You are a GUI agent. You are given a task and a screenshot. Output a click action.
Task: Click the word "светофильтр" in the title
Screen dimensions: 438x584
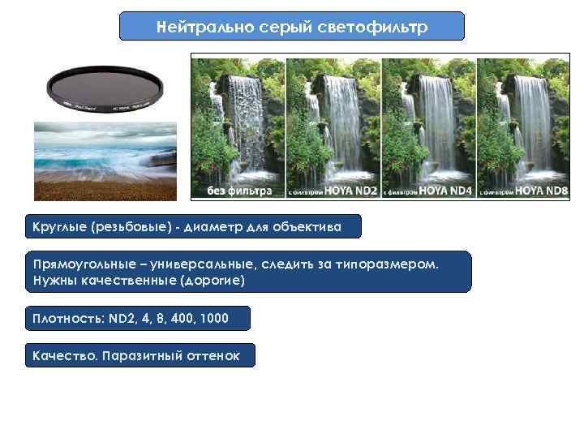[379, 26]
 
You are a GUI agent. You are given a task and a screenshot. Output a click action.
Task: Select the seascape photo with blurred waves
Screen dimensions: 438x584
[105, 161]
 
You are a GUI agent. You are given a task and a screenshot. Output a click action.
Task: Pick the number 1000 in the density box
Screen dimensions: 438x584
[213, 319]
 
